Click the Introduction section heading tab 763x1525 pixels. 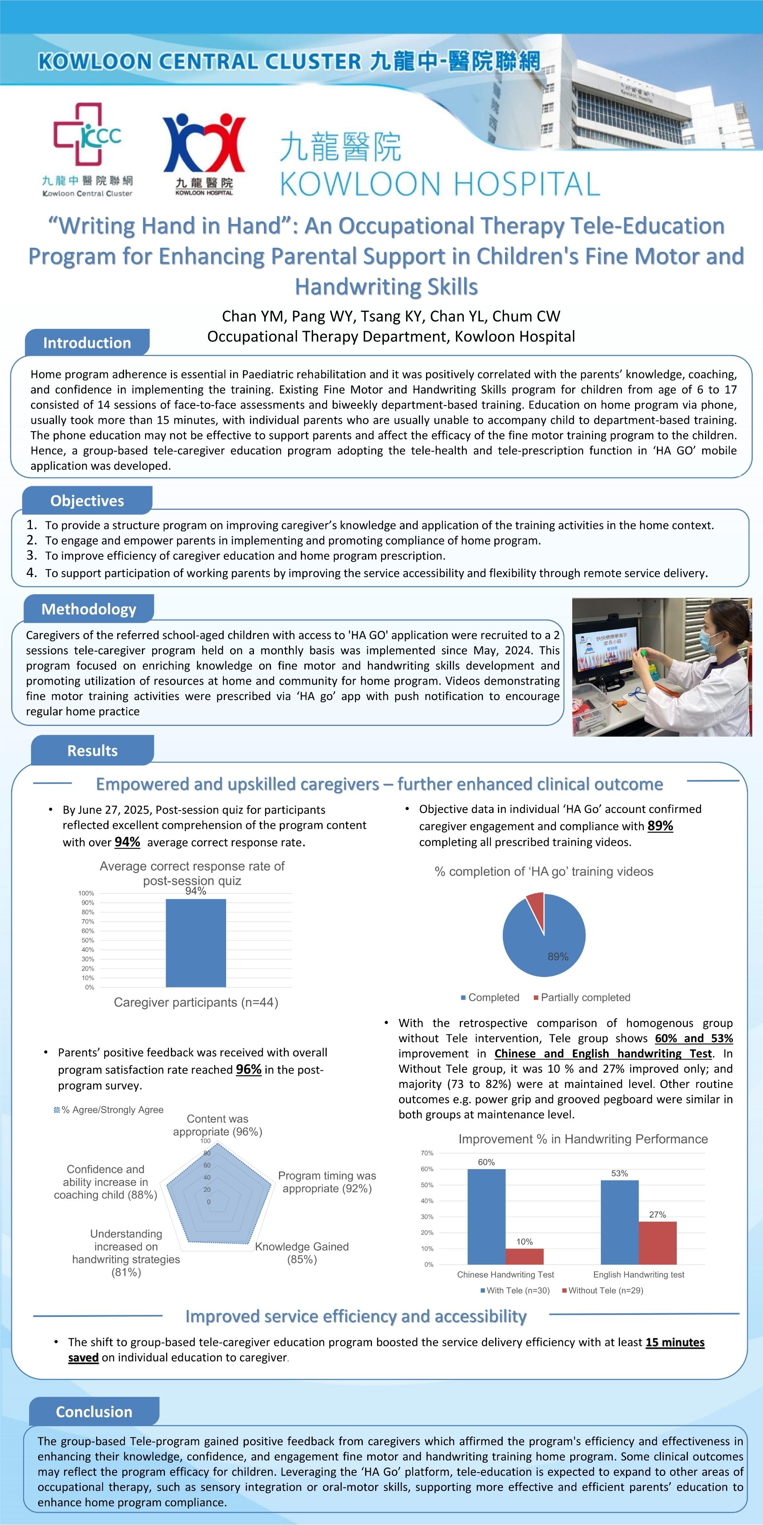click(x=87, y=343)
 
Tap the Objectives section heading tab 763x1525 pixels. click(x=87, y=501)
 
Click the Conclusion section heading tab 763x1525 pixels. click(x=94, y=1411)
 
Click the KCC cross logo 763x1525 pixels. click(x=87, y=135)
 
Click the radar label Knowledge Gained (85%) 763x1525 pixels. click(x=302, y=1253)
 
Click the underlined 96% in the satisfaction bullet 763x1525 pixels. click(x=248, y=1069)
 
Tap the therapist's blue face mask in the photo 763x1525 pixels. click(x=709, y=641)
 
